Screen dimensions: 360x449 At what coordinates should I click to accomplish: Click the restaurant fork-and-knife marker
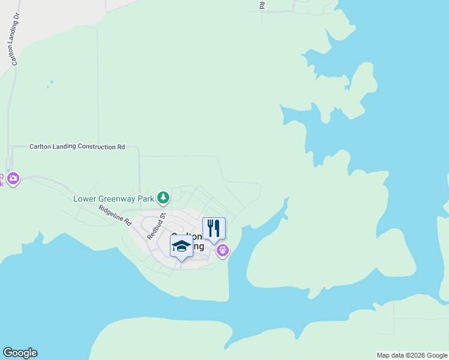pos(214,228)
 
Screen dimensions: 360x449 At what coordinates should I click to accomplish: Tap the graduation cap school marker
pos(181,246)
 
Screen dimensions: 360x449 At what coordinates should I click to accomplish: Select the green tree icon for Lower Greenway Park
pos(163,197)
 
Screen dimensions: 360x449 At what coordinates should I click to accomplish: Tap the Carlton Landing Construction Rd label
pos(77,146)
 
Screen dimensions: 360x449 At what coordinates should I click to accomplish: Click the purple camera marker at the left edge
pos(13,179)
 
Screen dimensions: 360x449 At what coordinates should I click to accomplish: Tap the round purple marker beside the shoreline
pos(223,250)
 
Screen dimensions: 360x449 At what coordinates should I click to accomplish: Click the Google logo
pos(20,353)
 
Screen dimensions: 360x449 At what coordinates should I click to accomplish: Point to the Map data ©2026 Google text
pos(411,355)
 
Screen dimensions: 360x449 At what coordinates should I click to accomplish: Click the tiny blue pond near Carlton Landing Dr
pos(50,83)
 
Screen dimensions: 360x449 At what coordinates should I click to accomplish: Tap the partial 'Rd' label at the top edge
pos(262,5)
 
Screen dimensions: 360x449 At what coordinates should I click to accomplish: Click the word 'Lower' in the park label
pos(84,198)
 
